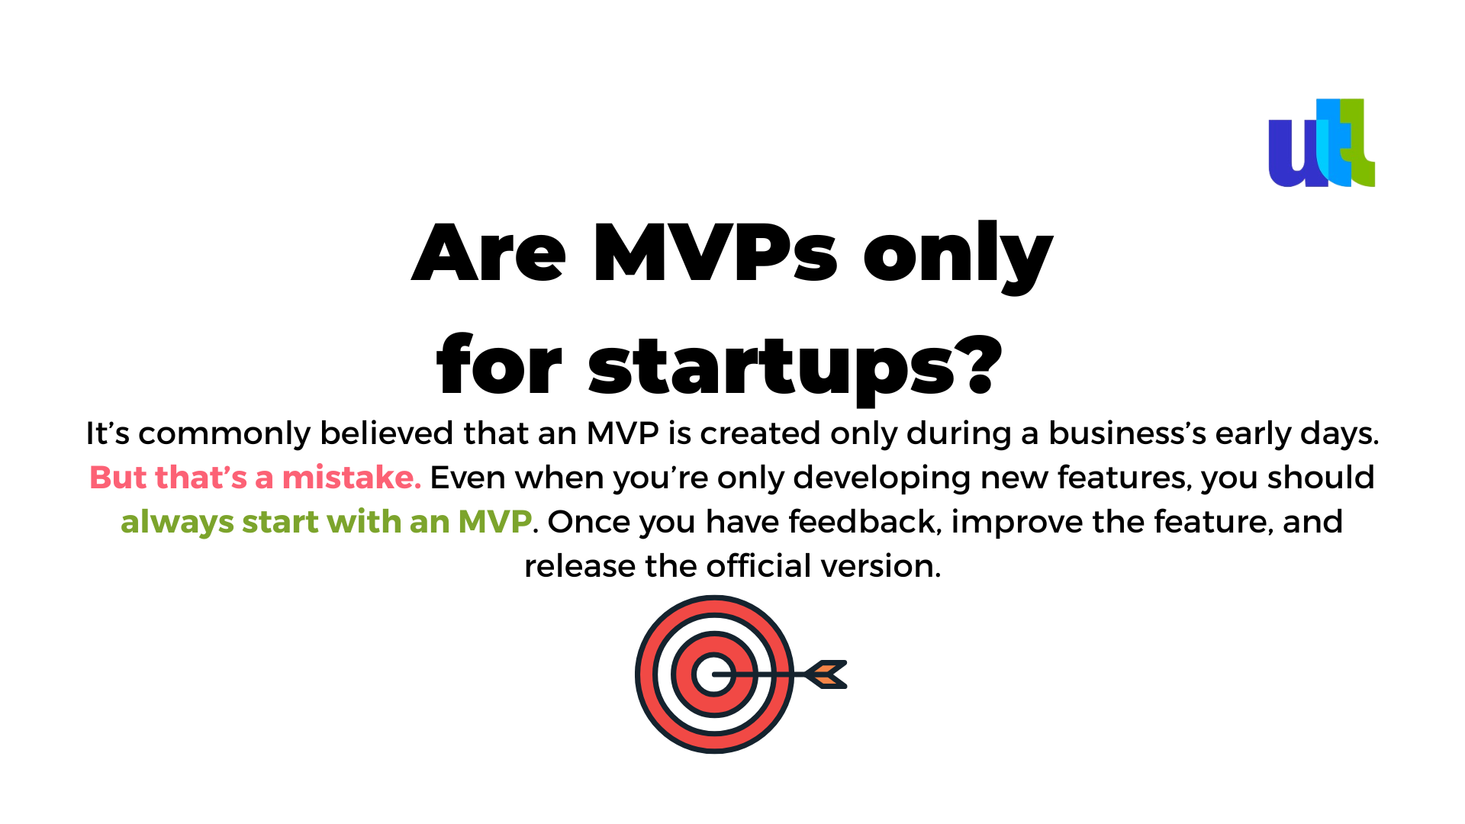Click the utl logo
(x=1322, y=143)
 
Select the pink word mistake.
(x=352, y=478)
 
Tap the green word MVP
(x=494, y=522)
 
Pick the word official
(x=758, y=565)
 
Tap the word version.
(x=881, y=566)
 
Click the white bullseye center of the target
(x=714, y=674)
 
